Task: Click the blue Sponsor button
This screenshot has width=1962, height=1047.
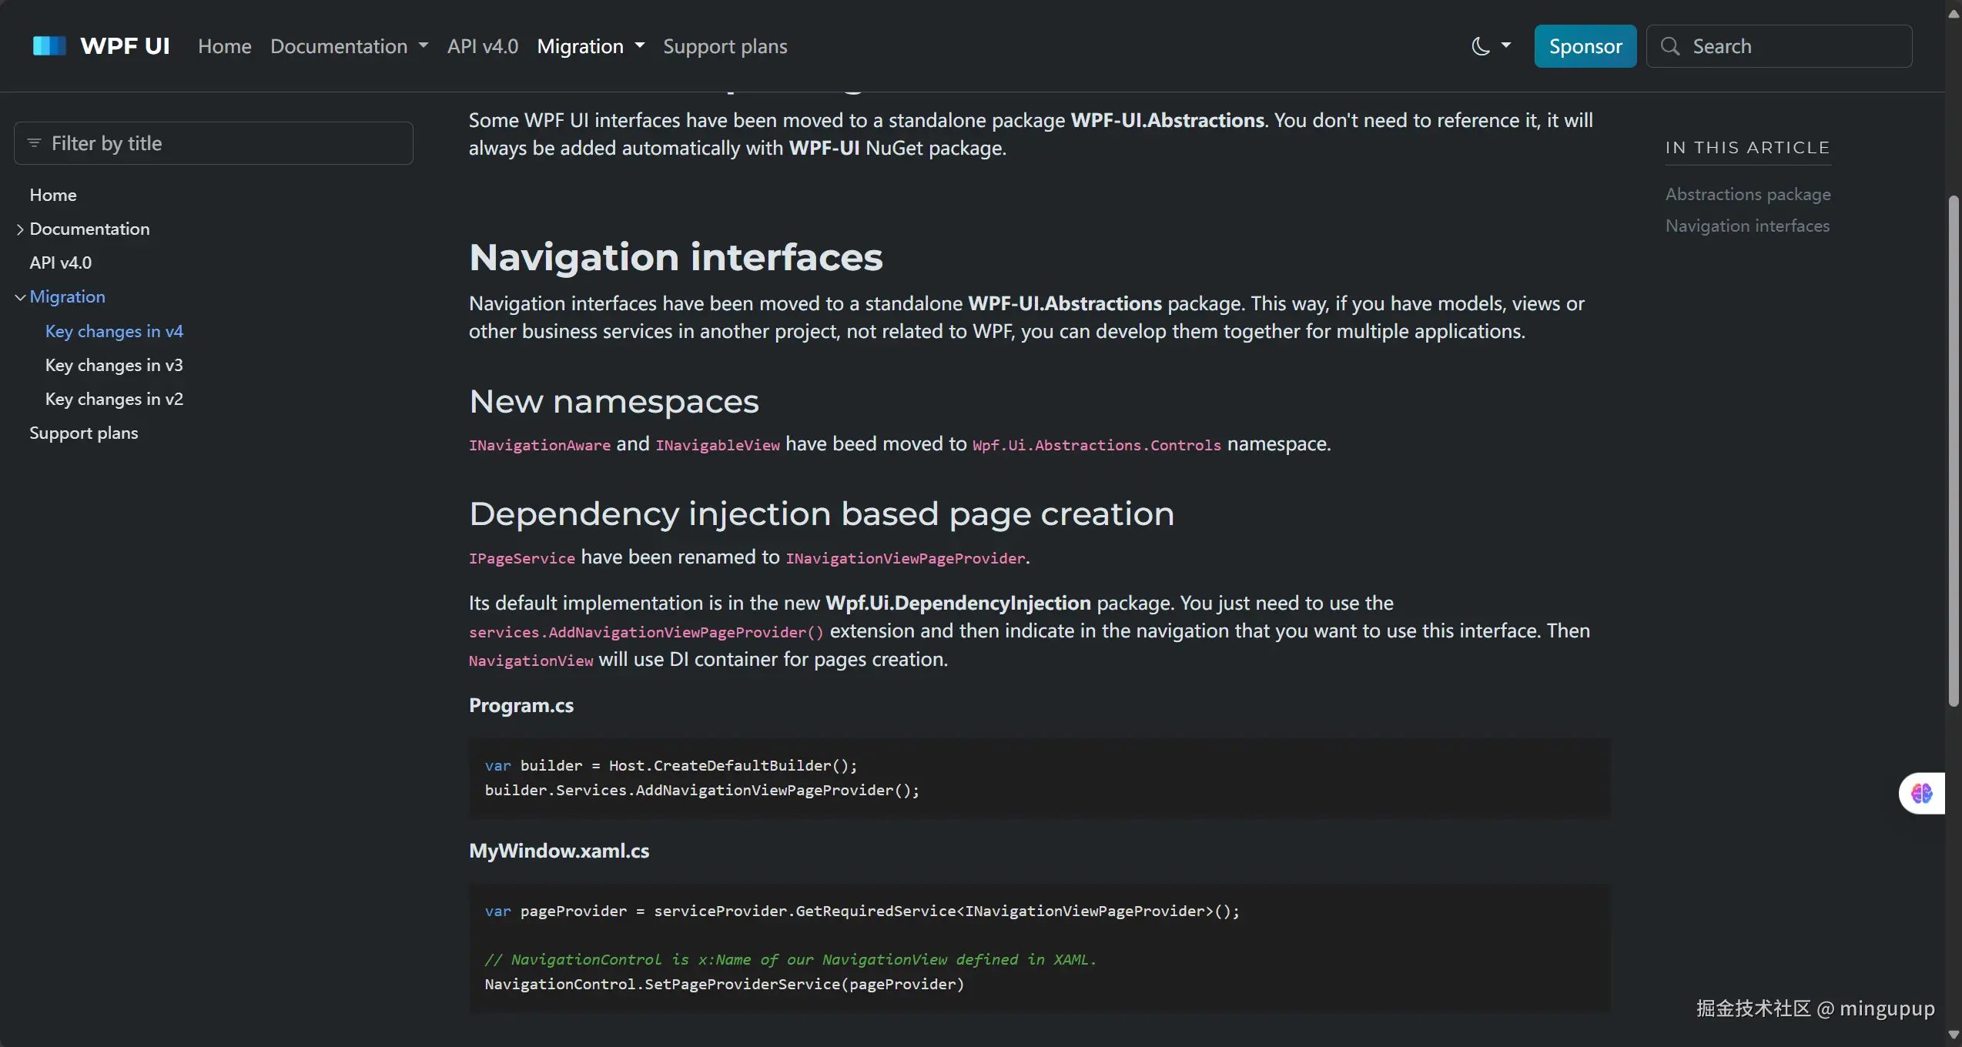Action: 1585,46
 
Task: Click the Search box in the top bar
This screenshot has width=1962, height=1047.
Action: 1779,46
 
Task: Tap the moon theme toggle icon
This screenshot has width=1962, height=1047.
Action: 1480,46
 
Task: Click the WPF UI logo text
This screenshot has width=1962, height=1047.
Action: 125,46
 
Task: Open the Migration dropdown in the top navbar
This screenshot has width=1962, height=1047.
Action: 591,46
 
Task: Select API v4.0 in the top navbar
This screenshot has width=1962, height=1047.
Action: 483,46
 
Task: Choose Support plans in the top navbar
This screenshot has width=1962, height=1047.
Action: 725,46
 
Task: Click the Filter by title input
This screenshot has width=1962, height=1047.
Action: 213,143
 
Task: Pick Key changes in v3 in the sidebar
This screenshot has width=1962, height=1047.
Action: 114,365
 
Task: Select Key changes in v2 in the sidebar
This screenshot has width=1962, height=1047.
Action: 114,399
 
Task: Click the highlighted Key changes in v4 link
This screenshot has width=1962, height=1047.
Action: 114,331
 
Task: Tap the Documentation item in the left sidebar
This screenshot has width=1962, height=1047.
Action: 89,229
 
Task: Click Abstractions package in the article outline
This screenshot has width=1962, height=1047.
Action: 1748,194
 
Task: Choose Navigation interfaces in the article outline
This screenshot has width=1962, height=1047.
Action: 1747,226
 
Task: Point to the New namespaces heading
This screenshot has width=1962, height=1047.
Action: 614,401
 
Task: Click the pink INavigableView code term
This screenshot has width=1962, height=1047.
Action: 718,445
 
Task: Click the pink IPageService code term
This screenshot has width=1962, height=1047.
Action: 522,558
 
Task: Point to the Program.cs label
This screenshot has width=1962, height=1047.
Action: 521,705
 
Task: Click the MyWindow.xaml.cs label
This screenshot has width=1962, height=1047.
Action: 559,851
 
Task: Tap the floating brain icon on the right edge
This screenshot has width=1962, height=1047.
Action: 1922,793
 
